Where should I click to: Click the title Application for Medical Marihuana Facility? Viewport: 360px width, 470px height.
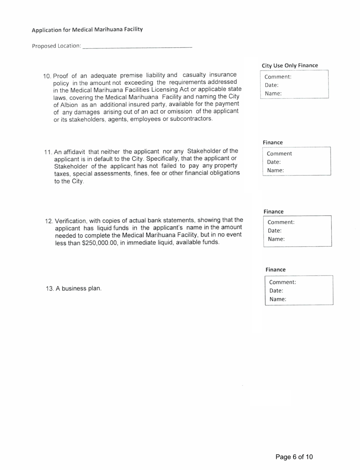(x=87, y=30)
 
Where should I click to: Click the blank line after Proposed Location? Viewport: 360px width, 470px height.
(x=137, y=46)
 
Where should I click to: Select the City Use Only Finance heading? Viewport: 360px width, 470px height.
(x=290, y=66)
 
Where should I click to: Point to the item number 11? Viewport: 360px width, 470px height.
(x=49, y=152)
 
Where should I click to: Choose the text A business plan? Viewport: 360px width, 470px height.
(x=78, y=288)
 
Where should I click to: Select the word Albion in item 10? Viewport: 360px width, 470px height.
(x=68, y=105)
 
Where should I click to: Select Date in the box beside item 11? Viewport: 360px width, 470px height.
(x=274, y=162)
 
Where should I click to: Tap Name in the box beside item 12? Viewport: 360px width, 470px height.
(x=276, y=239)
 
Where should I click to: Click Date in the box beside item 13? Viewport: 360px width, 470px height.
(x=277, y=291)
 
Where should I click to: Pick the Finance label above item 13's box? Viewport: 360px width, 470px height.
(x=275, y=269)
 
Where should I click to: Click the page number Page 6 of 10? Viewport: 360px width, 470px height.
(x=294, y=457)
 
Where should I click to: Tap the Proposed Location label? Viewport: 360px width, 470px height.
(x=56, y=46)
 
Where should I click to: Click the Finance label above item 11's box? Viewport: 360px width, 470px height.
(x=273, y=143)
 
